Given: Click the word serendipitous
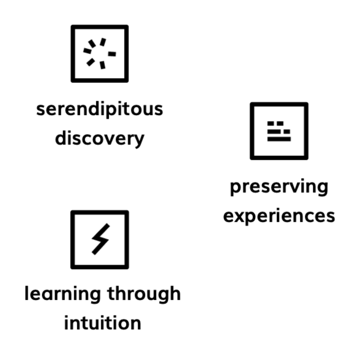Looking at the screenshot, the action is (99, 109).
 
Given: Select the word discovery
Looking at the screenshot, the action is (99, 139).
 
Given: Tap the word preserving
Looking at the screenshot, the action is (279, 187).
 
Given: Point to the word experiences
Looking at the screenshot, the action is (279, 216).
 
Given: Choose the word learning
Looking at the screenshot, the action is (63, 294).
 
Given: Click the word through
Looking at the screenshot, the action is (144, 294).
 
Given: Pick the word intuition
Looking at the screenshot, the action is (103, 323).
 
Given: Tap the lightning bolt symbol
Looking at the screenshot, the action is (100, 239).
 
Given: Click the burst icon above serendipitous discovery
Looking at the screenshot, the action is (99, 54).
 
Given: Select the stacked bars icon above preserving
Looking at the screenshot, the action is (279, 131).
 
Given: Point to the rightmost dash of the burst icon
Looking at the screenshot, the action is (112, 54).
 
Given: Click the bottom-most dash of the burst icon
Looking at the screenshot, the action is (103, 65).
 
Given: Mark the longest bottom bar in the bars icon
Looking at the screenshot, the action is (279, 139).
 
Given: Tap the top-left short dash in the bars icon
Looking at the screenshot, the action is (271, 123).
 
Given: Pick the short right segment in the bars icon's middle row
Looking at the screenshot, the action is (287, 131).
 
